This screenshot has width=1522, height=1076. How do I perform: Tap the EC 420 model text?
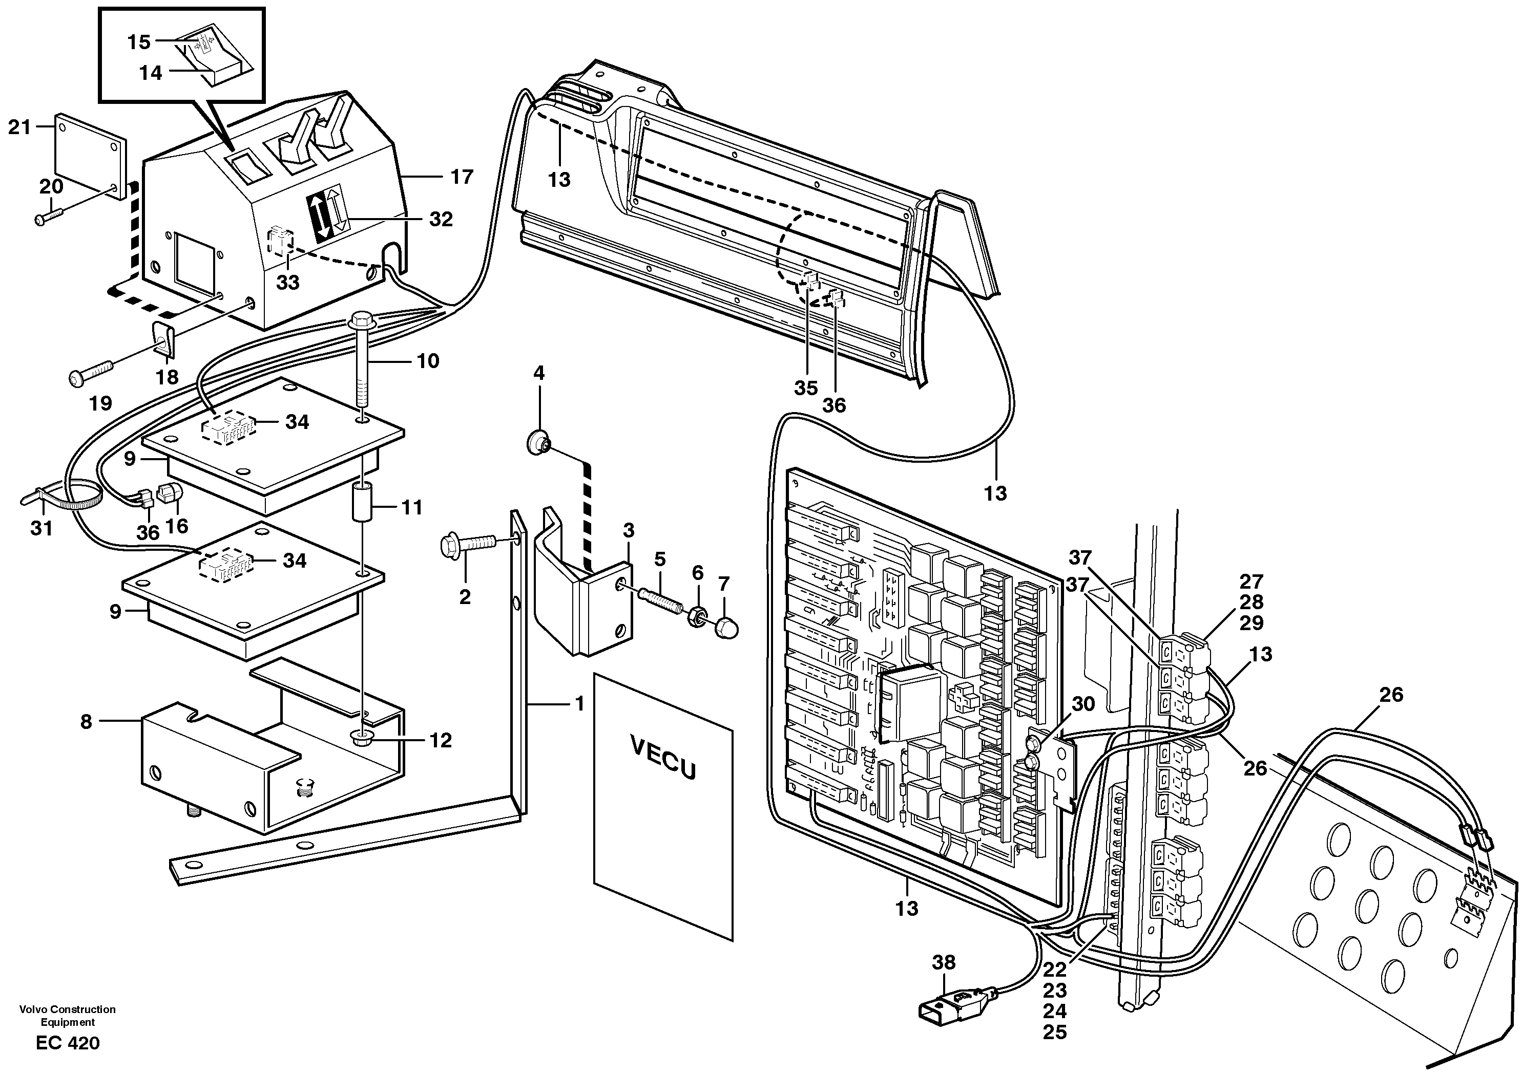click(68, 1043)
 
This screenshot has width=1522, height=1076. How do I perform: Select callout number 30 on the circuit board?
click(1082, 704)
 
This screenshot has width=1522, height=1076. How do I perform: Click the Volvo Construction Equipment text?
click(68, 1015)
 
